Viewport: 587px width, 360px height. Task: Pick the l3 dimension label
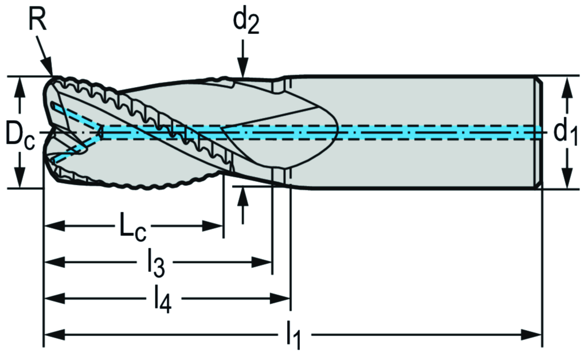pyautogui.click(x=156, y=263)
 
